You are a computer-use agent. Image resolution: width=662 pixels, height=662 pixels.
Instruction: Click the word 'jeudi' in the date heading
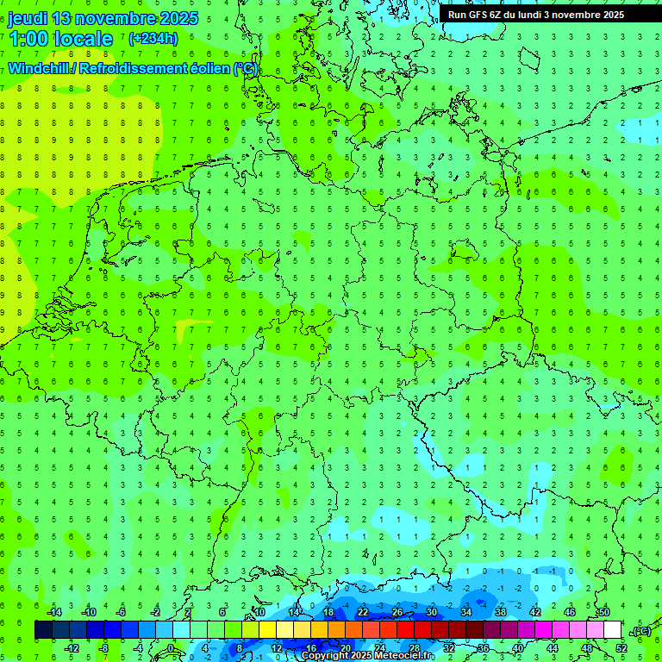[x=28, y=18]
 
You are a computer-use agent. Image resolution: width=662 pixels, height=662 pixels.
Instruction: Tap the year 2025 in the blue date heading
[x=176, y=18]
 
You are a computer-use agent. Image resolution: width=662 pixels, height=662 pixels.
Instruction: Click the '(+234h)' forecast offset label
[x=153, y=39]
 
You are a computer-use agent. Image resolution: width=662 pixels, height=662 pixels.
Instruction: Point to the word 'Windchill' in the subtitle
[x=40, y=69]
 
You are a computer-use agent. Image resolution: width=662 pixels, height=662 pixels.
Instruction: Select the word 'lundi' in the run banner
[x=531, y=15]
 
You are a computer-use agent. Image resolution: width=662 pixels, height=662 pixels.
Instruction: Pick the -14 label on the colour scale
[x=54, y=612]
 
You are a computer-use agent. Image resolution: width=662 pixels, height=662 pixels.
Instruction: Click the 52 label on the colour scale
[x=621, y=647]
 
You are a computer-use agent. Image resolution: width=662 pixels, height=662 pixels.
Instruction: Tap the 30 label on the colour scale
[x=432, y=612]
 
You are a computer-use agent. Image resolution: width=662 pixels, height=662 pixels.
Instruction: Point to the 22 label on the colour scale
[x=363, y=612]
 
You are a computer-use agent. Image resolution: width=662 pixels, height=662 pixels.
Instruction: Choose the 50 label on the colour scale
[x=604, y=612]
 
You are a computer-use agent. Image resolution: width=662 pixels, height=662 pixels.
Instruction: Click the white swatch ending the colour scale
[x=613, y=629]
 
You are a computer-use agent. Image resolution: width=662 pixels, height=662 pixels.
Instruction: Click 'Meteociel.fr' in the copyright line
[x=405, y=656]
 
